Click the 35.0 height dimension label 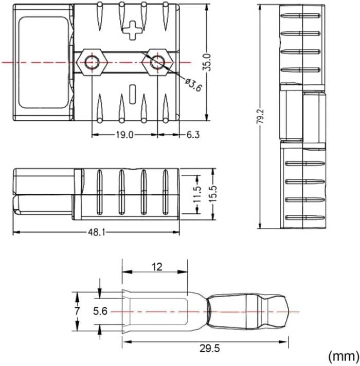pyautogui.click(x=206, y=62)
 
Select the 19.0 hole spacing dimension pyautogui.click(x=124, y=135)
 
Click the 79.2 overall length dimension pyautogui.click(x=261, y=116)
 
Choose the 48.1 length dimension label pyautogui.click(x=96, y=232)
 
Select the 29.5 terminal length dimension pyautogui.click(x=208, y=348)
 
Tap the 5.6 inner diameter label pyautogui.click(x=100, y=311)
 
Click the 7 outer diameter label pyautogui.click(x=77, y=311)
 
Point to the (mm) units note pyautogui.click(x=342, y=355)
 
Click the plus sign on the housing pyautogui.click(x=132, y=30)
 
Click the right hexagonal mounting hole pyautogui.click(x=156, y=62)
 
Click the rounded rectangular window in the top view pyautogui.click(x=43, y=62)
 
